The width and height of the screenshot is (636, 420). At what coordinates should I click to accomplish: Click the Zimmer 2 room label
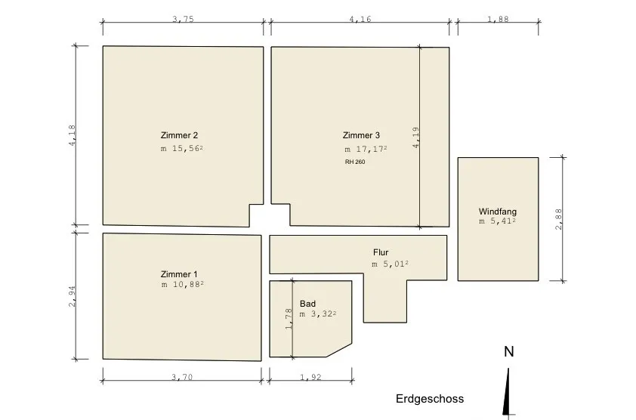[x=179, y=135]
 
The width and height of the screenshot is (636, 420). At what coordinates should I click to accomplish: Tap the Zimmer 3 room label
[x=361, y=135]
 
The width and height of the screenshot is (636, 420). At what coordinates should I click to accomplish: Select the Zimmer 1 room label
[x=179, y=274]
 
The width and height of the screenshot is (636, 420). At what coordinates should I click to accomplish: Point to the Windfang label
[x=497, y=212]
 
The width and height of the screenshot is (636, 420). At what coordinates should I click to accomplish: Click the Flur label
[x=381, y=252]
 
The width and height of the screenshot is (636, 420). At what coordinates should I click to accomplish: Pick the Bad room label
[x=307, y=304]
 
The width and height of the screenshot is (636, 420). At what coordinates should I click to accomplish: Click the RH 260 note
[x=355, y=162]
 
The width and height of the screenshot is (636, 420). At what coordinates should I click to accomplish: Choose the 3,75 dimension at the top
[x=184, y=19]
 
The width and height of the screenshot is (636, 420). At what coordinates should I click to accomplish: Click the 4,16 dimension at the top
[x=360, y=19]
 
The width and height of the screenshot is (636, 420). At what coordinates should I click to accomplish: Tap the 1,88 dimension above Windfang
[x=498, y=19]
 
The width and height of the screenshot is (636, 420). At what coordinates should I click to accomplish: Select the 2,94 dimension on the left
[x=73, y=296]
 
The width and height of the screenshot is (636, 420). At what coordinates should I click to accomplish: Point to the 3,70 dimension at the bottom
[x=182, y=377]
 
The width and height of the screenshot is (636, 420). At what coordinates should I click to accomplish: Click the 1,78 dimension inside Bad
[x=289, y=319]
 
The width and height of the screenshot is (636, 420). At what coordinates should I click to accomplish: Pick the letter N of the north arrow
[x=508, y=351]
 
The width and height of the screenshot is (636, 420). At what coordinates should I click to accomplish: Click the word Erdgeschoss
[x=430, y=399]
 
